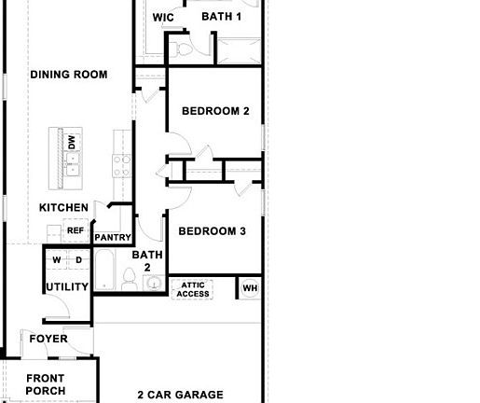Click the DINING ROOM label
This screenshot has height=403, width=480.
pos(69,75)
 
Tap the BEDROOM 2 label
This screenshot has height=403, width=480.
pos(215,111)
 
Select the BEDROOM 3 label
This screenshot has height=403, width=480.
pos(212,231)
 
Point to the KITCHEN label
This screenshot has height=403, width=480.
pos(63,207)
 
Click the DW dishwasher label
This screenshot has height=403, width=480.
pos(72,142)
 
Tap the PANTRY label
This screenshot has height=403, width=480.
pos(113,238)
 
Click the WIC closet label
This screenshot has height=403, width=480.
pos(163,17)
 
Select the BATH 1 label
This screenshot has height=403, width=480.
pos(222,17)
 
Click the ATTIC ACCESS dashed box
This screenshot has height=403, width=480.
pos(193,289)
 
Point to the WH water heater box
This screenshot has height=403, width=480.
pos(249,288)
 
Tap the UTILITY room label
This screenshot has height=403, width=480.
pos(67,287)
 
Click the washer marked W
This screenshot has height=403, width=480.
pos(56,259)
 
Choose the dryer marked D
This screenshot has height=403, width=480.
pos(78,259)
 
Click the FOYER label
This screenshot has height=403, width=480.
pos(48,339)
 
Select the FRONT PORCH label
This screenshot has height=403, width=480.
pos(45,384)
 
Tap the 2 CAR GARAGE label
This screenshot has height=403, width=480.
pos(180,396)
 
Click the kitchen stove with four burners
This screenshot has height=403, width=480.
pos(122,165)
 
